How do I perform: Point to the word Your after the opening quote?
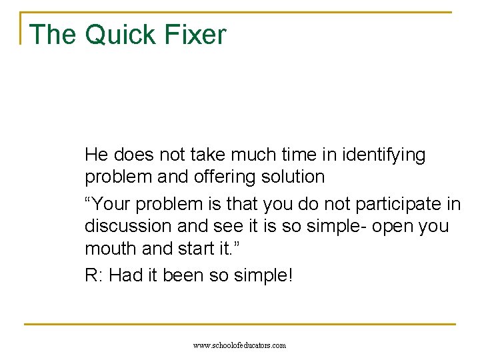point(115,203)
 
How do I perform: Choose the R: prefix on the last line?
point(93,275)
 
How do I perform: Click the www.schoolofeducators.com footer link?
point(239,345)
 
